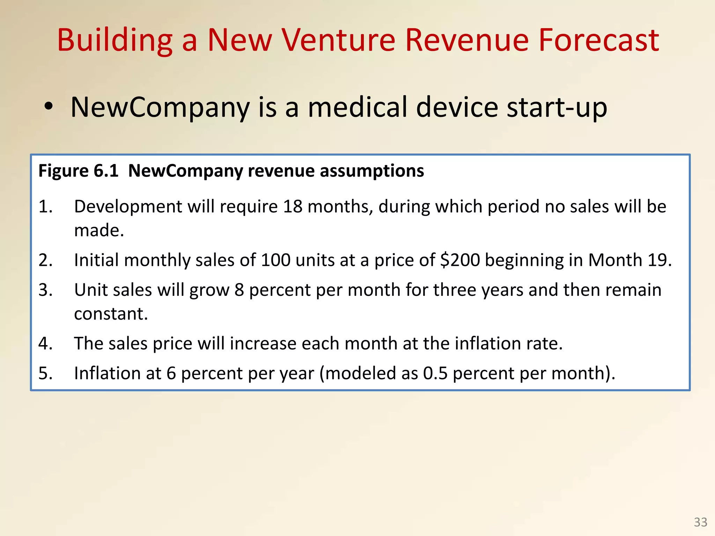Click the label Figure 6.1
78,171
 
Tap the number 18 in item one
293,207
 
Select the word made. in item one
99,231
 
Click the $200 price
460,260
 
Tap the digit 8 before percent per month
239,290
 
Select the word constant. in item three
111,314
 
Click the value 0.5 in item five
435,373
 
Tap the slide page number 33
700,522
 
